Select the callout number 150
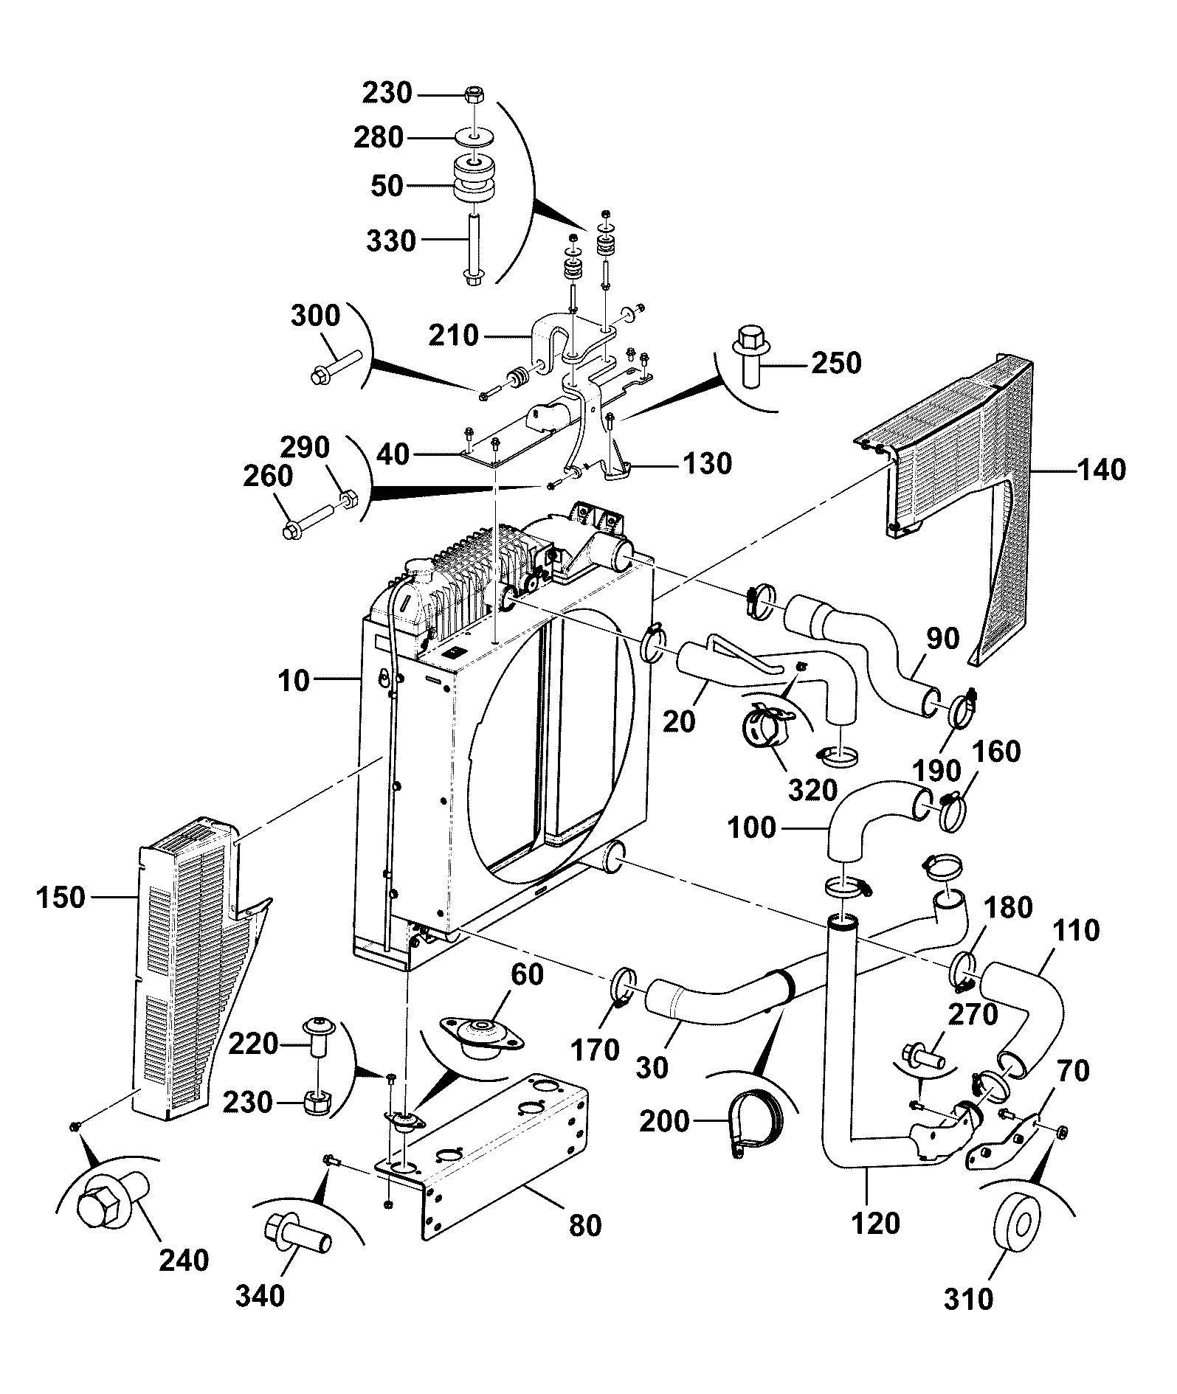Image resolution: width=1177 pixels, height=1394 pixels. click(61, 898)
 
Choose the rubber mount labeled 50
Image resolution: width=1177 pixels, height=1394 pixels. click(473, 182)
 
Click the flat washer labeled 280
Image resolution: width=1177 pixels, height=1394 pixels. click(473, 137)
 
